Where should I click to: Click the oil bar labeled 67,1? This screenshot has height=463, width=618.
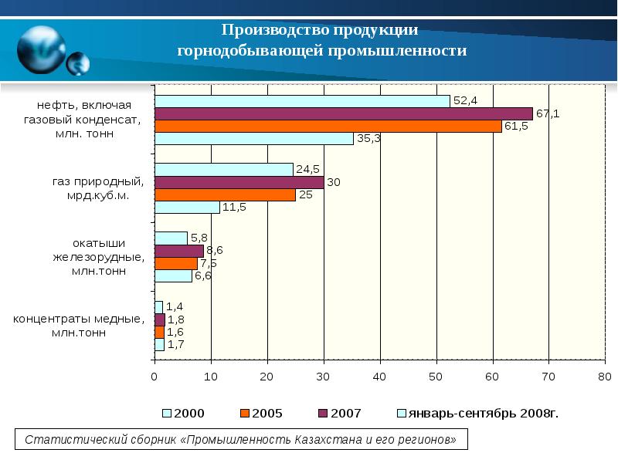pyautogui.click(x=343, y=113)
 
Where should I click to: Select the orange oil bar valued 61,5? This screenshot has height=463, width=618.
pyautogui.click(x=328, y=126)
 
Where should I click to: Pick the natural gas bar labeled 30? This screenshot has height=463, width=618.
pyautogui.click(x=239, y=182)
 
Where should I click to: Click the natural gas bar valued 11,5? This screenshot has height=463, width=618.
pyautogui.click(x=187, y=207)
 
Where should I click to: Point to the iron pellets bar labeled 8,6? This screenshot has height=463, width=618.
pyautogui.click(x=178, y=251)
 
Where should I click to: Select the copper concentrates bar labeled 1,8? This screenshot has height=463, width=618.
pyautogui.click(x=159, y=319)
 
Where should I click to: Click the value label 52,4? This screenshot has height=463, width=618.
pyautogui.click(x=466, y=101)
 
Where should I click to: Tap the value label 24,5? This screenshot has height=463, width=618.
pyautogui.click(x=307, y=169)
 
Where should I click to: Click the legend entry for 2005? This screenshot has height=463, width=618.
pyautogui.click(x=262, y=414)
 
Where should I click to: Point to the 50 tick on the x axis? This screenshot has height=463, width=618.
pyautogui.click(x=436, y=377)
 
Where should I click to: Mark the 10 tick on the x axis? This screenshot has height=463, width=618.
pyautogui.click(x=211, y=377)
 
